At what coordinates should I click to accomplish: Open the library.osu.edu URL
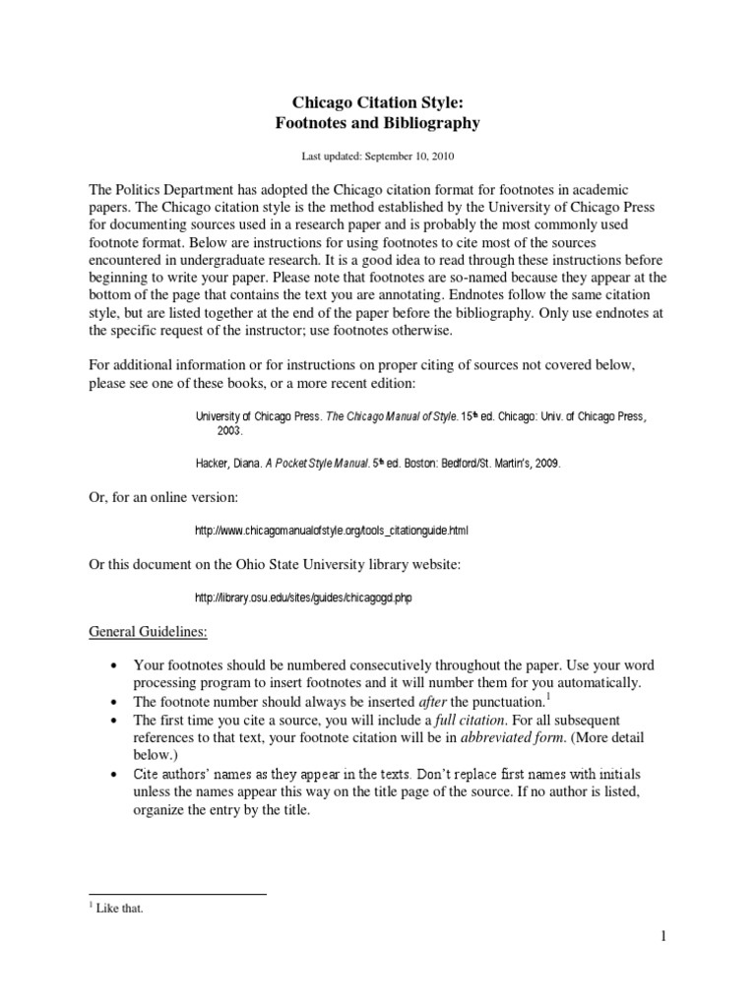(302, 598)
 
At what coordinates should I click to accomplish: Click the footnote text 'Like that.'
(120, 909)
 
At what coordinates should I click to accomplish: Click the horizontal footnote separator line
(178, 894)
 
